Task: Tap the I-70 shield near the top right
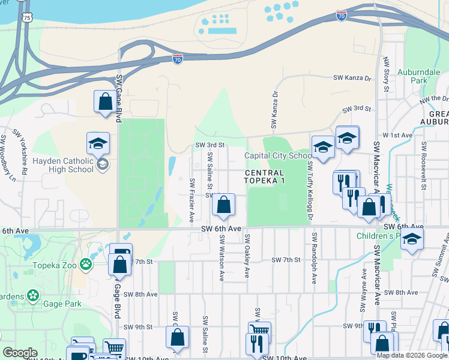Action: coord(342,16)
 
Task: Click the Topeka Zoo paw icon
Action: coord(86,263)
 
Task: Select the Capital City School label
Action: coord(277,156)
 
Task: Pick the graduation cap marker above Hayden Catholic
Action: coord(98,143)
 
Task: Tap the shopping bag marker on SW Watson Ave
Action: coord(223,205)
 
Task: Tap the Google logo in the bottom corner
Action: coord(20,353)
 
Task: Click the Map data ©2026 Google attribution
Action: coord(412,355)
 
